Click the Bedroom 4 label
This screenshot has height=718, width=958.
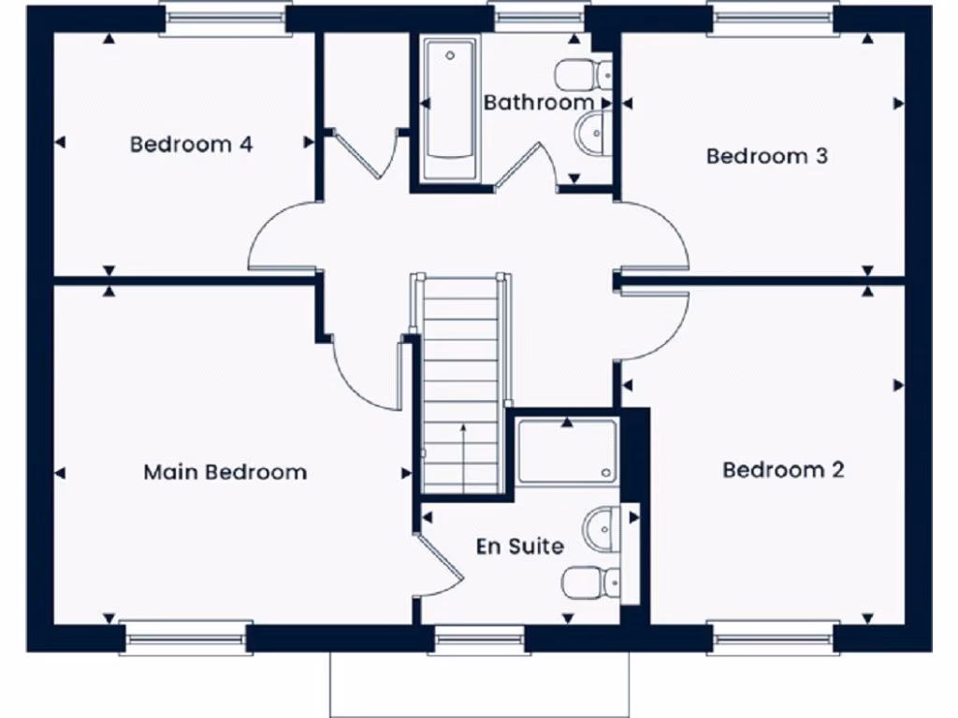pyautogui.click(x=191, y=145)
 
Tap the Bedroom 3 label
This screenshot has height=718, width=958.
pyautogui.click(x=766, y=156)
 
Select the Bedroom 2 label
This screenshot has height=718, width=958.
pyautogui.click(x=783, y=469)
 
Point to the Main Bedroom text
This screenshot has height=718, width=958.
pyautogui.click(x=225, y=472)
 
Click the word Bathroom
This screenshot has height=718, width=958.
pyautogui.click(x=538, y=102)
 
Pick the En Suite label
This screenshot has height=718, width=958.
pyautogui.click(x=519, y=546)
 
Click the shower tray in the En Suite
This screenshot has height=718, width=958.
pyautogui.click(x=567, y=452)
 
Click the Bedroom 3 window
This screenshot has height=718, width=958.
pyautogui.click(x=773, y=18)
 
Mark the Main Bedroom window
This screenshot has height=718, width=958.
pyautogui.click(x=185, y=639)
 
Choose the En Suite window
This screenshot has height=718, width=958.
pyautogui.click(x=480, y=639)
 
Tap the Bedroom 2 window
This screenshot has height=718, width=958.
pyautogui.click(x=772, y=639)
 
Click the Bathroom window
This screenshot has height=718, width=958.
pyautogui.click(x=538, y=18)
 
